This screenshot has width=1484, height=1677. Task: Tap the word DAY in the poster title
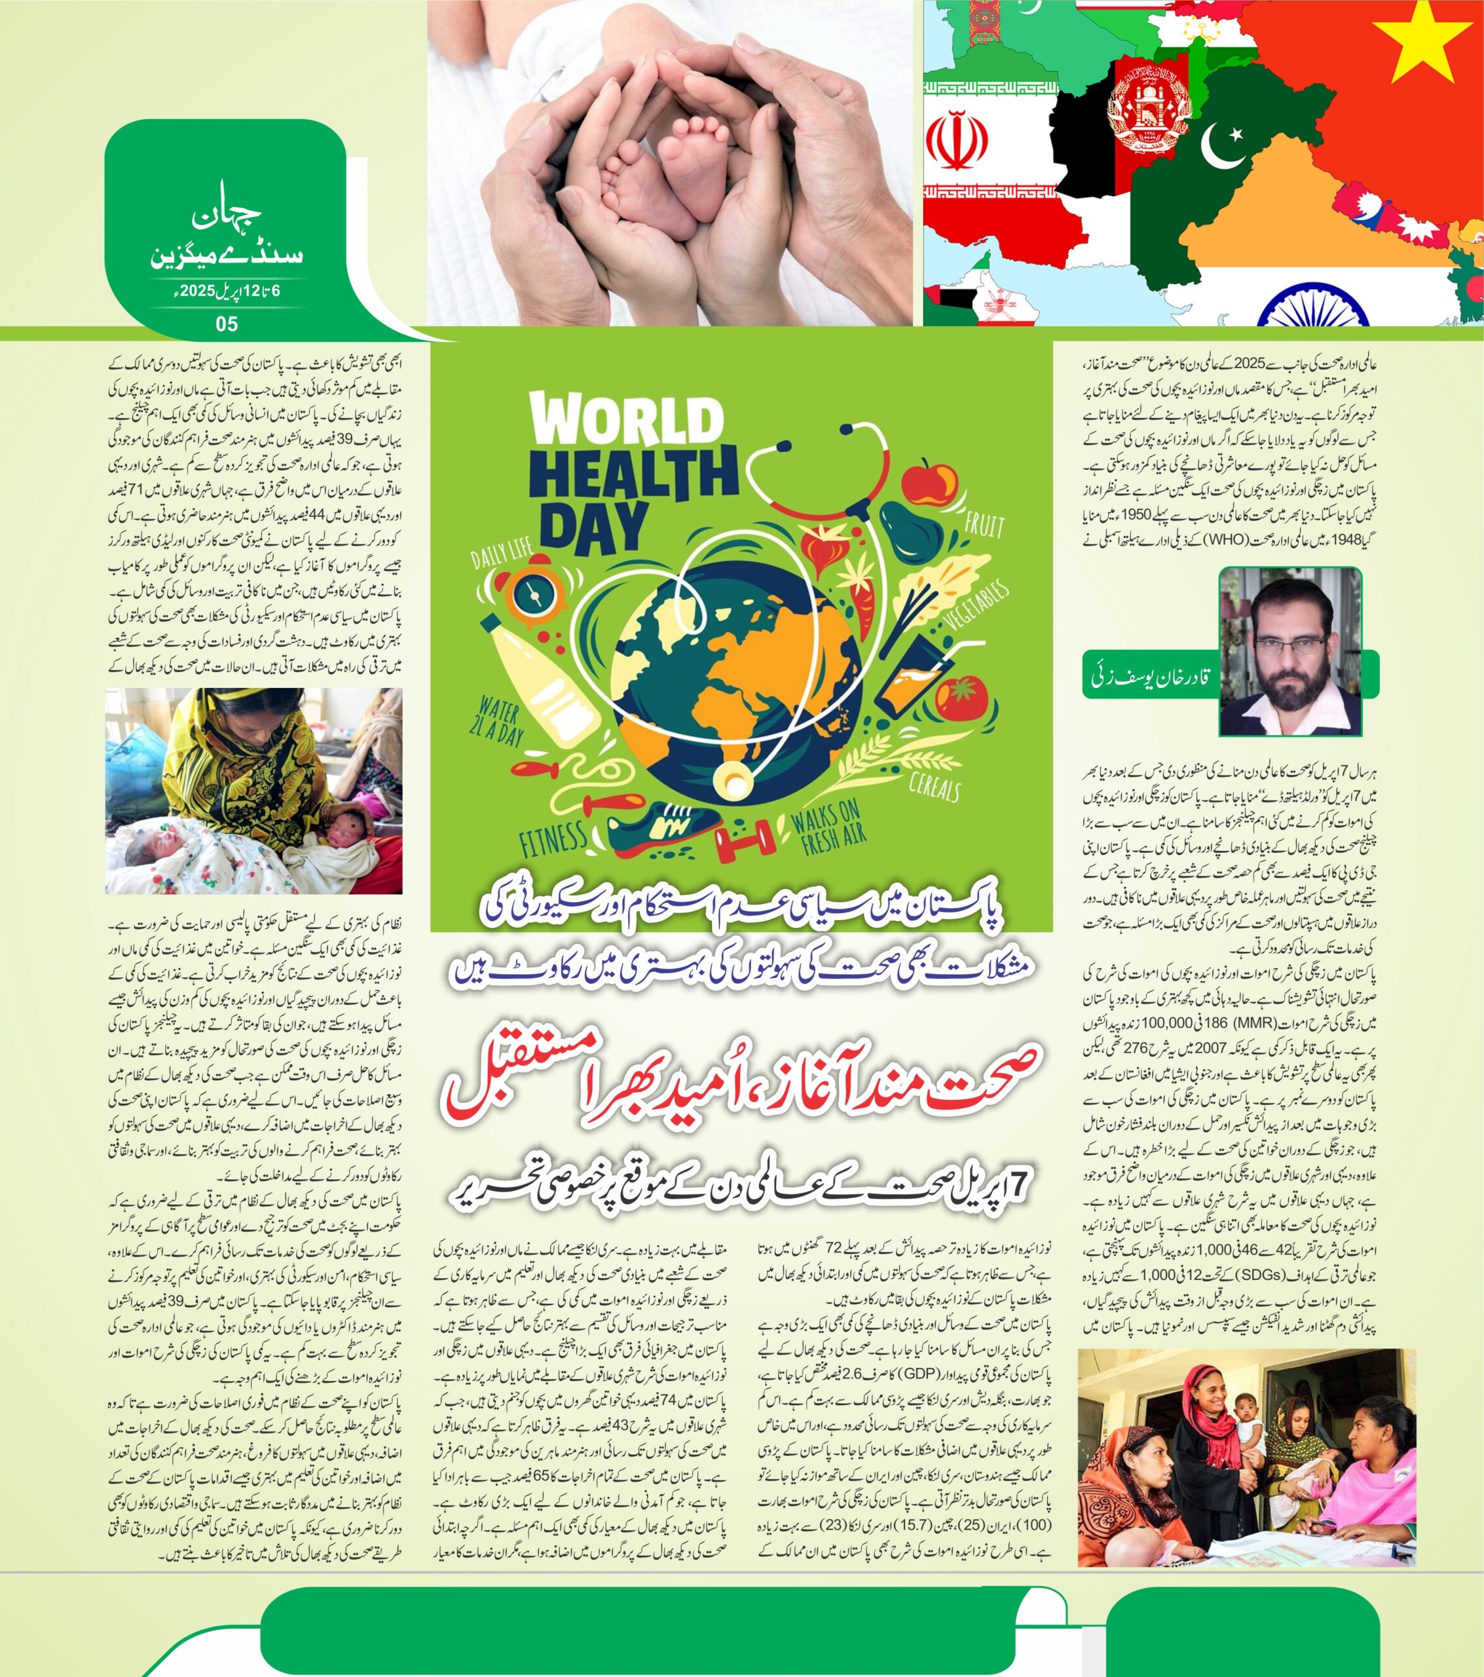594,525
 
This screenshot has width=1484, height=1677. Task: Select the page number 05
227,324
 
